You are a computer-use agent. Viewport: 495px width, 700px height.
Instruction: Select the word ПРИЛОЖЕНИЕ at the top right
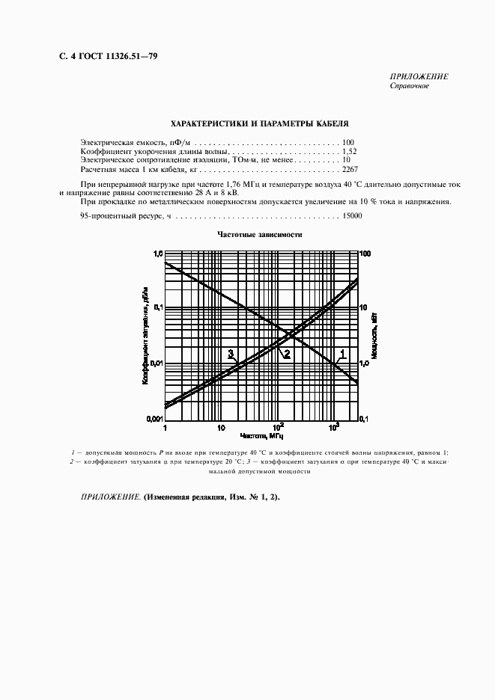[419, 76]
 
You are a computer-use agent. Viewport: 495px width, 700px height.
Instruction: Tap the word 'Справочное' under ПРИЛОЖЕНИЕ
[409, 85]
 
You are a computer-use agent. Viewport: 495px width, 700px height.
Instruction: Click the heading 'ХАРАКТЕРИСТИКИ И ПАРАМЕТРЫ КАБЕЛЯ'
[259, 123]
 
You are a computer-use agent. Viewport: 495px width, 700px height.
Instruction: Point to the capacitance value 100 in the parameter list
[348, 142]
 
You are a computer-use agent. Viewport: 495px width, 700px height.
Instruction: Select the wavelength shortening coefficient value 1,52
[350, 151]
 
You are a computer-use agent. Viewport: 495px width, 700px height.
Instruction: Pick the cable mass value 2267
[350, 170]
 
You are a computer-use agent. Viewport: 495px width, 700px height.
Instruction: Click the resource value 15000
[352, 215]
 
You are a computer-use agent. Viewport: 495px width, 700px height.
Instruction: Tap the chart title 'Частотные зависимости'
[260, 234]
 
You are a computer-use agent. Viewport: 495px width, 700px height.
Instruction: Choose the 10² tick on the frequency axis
[278, 427]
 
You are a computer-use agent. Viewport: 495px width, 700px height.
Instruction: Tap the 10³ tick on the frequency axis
[334, 427]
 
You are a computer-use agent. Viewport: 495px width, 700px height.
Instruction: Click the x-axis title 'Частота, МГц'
[261, 435]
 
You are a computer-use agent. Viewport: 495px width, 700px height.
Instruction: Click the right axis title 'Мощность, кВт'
[374, 337]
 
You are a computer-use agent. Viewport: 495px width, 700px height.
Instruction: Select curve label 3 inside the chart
[231, 354]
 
